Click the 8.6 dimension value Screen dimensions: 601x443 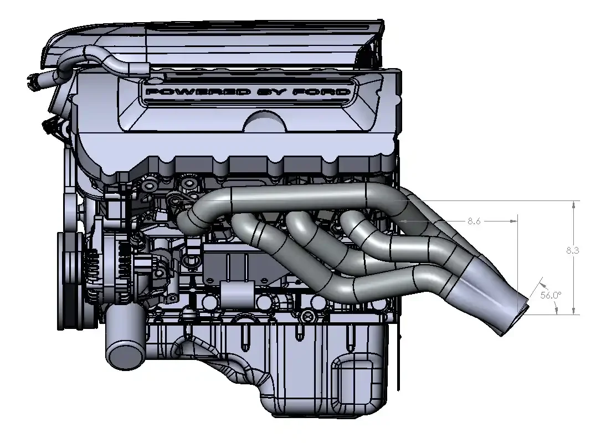click(x=474, y=221)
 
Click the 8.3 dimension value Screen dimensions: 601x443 click(x=572, y=250)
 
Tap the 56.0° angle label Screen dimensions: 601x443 click(x=551, y=295)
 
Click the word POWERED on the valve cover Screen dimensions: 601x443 click(x=198, y=92)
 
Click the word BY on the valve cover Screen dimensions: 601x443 click(x=272, y=92)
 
